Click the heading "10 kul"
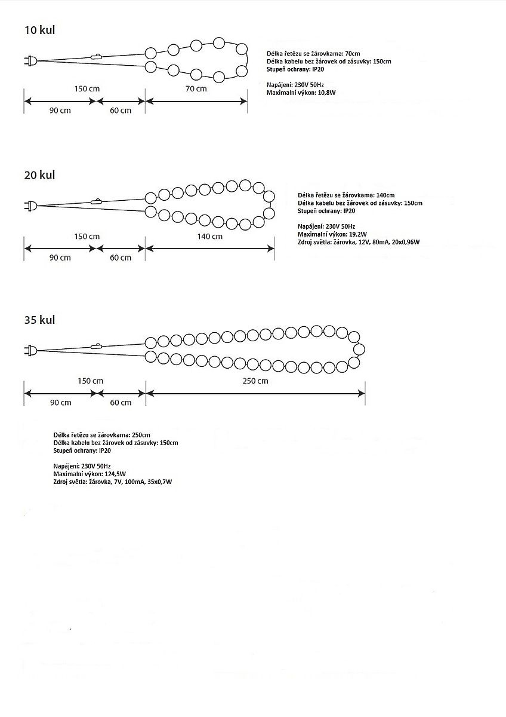(39, 30)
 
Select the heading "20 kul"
(39, 175)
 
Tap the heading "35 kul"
(39, 320)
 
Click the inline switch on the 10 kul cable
(96, 57)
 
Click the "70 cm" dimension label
(196, 89)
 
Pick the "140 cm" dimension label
(210, 236)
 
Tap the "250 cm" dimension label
(255, 381)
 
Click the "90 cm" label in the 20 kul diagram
(60, 258)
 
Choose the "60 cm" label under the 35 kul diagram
(121, 402)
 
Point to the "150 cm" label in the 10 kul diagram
(87, 89)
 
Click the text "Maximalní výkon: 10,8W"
(302, 93)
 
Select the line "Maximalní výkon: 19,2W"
(332, 234)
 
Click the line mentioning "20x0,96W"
(358, 242)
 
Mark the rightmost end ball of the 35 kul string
(359, 349)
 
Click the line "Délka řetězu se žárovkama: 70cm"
(313, 54)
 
